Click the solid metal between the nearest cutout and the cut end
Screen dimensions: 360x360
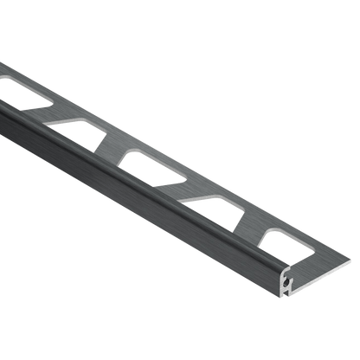pyautogui.click(x=325, y=260)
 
